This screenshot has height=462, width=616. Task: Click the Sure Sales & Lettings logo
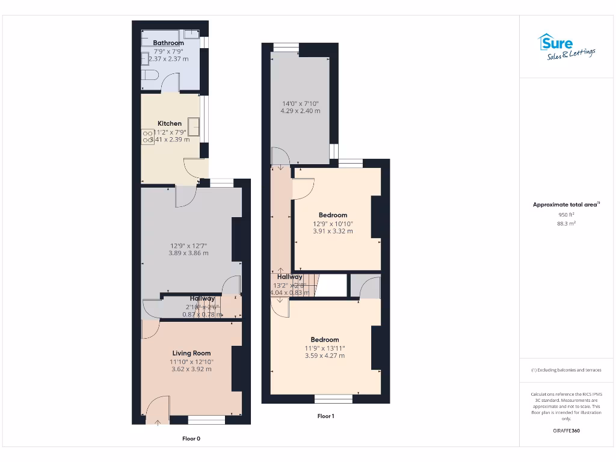[566, 47]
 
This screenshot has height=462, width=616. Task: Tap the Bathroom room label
[168, 43]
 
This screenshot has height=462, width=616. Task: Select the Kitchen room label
[170, 123]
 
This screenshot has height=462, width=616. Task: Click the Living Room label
[191, 353]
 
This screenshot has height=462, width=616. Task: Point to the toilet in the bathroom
[149, 76]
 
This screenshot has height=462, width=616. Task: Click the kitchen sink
[193, 126]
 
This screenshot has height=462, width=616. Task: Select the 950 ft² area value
[566, 214]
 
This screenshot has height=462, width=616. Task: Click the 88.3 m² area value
[566, 223]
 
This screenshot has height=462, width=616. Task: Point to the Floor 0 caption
[191, 439]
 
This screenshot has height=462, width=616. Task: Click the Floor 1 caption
[325, 416]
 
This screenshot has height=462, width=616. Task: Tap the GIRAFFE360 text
[566, 431]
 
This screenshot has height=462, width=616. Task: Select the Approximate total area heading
[566, 205]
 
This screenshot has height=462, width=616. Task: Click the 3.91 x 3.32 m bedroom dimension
[333, 231]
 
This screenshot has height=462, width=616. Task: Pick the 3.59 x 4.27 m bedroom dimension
[325, 356]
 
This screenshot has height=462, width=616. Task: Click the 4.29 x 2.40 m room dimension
[300, 111]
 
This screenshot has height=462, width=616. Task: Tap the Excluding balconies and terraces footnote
[566, 370]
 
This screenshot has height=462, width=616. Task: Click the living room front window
[206, 419]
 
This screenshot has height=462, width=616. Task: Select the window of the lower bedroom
[333, 398]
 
